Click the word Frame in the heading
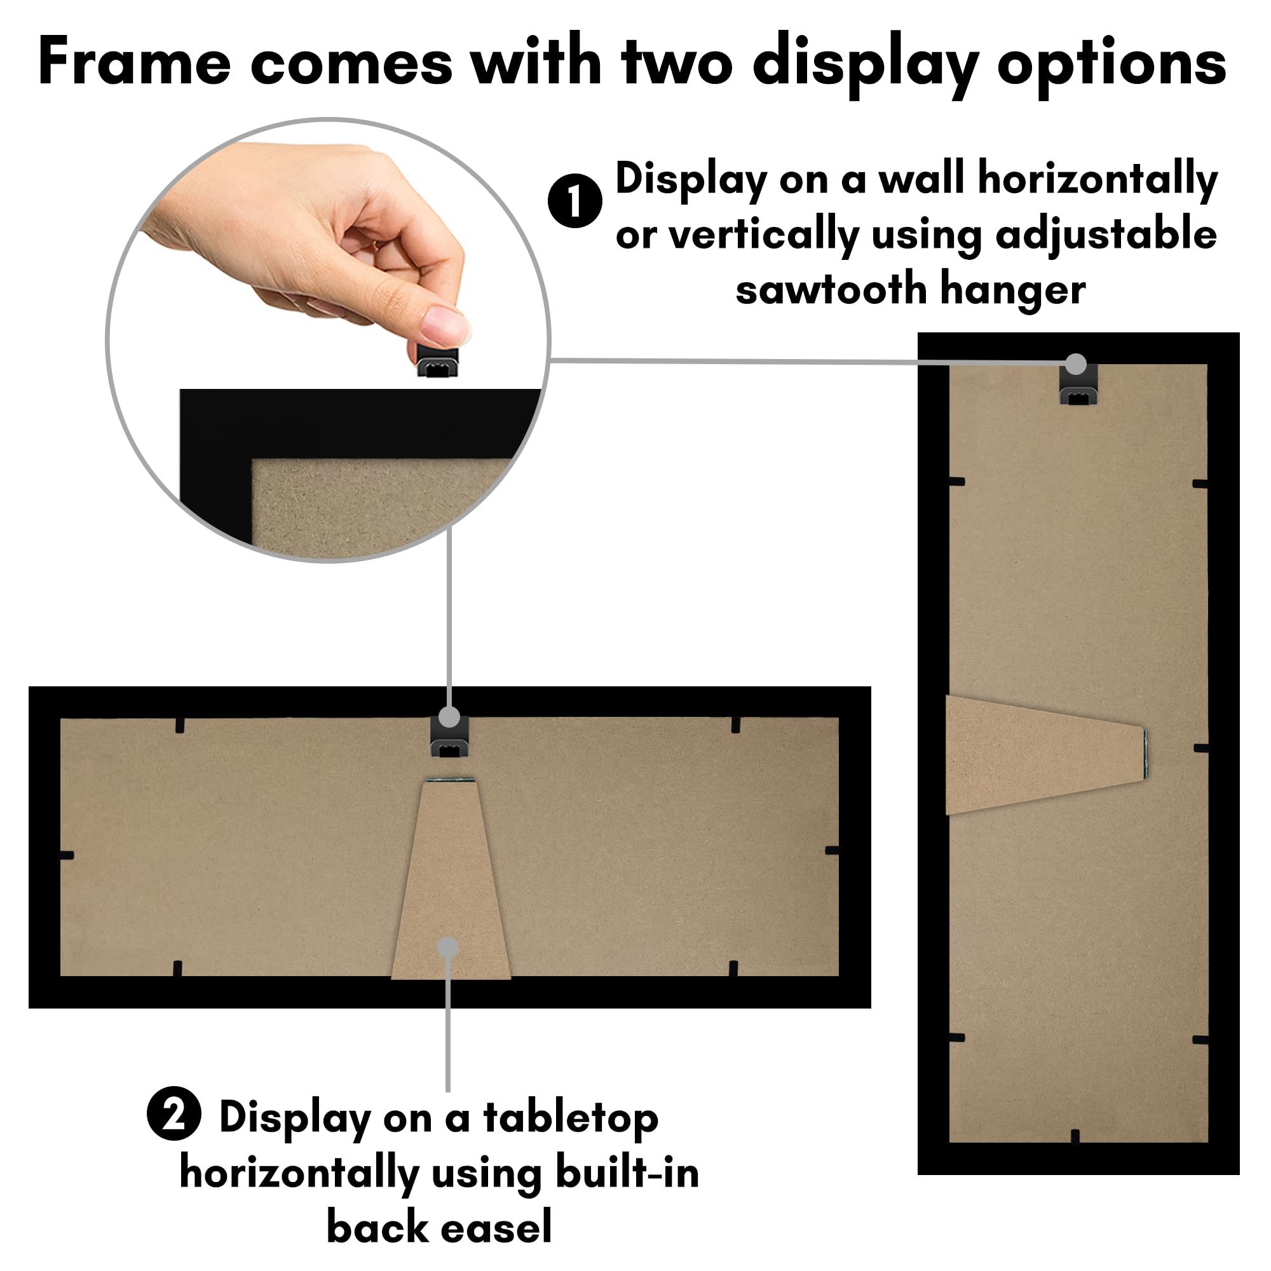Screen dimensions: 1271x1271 pyautogui.click(x=134, y=62)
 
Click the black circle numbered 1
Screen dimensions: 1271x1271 pyautogui.click(x=574, y=201)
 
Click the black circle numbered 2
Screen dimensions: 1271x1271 pyautogui.click(x=173, y=1113)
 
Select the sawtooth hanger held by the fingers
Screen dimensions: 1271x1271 pyautogui.click(x=437, y=358)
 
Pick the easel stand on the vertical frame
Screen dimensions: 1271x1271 pyautogui.click(x=1040, y=754)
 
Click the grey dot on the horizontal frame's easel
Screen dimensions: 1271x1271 pyautogui.click(x=448, y=948)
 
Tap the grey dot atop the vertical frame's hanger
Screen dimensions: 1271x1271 pyautogui.click(x=1076, y=364)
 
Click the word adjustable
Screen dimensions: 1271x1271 pyautogui.click(x=1106, y=235)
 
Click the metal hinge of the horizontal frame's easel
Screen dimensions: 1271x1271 pyautogui.click(x=450, y=780)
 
